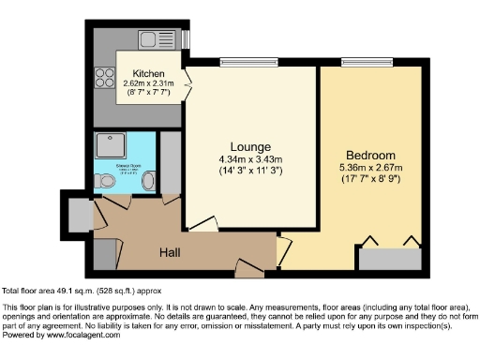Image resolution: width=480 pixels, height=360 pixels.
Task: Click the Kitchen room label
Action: click(x=149, y=72)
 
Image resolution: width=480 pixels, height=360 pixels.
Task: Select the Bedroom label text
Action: click(x=370, y=155)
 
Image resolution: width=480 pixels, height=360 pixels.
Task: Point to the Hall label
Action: click(x=169, y=252)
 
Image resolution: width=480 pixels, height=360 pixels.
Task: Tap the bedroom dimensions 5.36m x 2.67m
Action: click(x=370, y=168)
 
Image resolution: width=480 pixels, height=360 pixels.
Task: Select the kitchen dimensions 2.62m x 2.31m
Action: click(x=150, y=83)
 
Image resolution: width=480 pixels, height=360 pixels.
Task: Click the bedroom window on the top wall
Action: click(x=358, y=64)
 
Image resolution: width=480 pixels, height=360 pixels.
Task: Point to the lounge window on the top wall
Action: click(x=242, y=64)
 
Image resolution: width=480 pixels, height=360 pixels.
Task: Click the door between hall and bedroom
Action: click(x=283, y=251)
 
